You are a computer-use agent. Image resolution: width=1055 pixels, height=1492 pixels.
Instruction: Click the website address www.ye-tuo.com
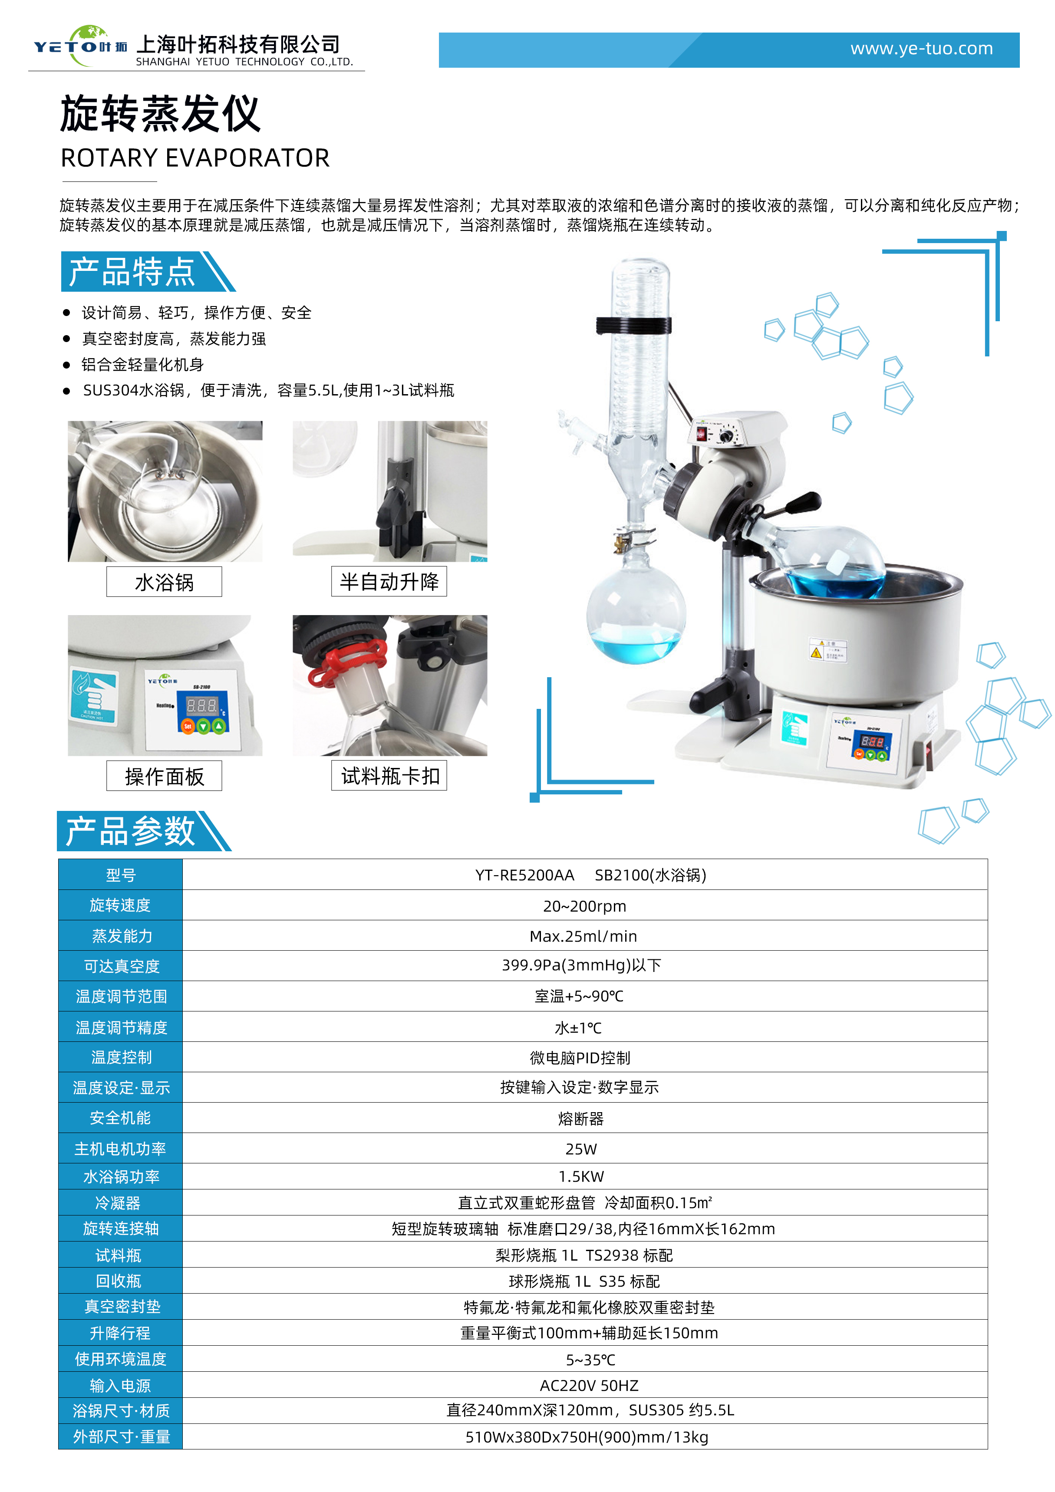pyautogui.click(x=921, y=49)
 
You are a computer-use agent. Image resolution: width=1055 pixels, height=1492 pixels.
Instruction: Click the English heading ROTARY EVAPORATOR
pyautogui.click(x=195, y=158)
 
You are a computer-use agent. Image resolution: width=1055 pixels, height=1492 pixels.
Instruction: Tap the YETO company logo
pyautogui.click(x=80, y=46)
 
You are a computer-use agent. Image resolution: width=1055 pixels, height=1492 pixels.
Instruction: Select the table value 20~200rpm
pyautogui.click(x=584, y=906)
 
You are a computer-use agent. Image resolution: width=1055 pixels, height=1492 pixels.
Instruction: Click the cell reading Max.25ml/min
pyautogui.click(x=583, y=936)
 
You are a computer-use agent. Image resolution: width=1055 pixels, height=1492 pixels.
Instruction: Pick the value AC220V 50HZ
pyautogui.click(x=589, y=1386)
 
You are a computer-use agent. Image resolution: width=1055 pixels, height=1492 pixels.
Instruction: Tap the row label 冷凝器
pyautogui.click(x=118, y=1203)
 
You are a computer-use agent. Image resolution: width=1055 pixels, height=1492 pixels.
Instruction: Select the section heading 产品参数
pyautogui.click(x=131, y=831)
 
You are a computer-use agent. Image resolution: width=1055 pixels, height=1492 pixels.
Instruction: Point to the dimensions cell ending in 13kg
pyautogui.click(x=587, y=1437)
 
